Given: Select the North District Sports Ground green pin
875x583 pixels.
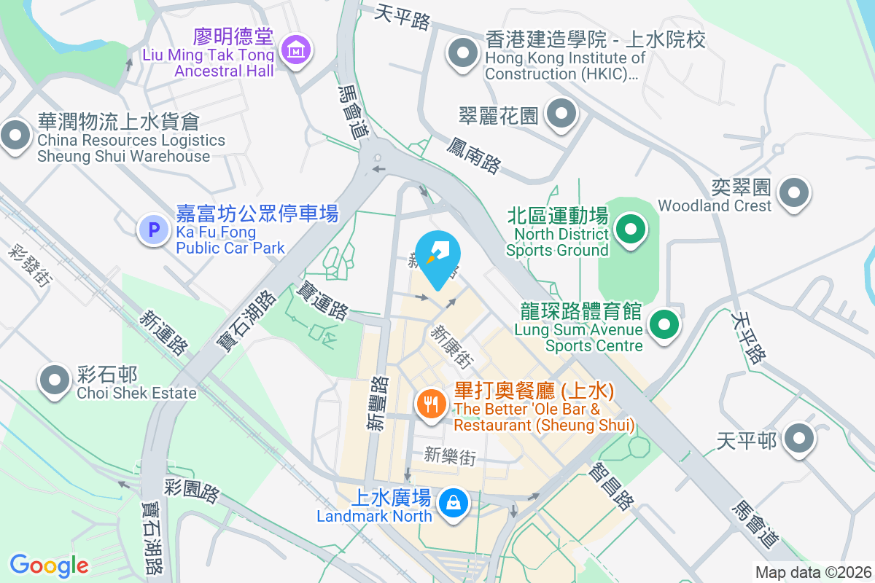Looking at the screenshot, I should (x=631, y=231).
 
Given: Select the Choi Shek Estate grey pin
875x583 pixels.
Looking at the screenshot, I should (x=54, y=380).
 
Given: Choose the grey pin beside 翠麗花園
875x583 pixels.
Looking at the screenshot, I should (x=561, y=113).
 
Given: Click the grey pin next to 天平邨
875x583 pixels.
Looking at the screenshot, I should (x=799, y=438).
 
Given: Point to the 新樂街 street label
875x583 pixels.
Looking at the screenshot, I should (x=450, y=457).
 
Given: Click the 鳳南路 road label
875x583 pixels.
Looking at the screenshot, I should (x=473, y=154).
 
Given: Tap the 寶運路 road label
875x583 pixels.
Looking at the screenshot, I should (x=321, y=300).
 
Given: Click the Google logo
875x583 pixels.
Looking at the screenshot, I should (x=49, y=565).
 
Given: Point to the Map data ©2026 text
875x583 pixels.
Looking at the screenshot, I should (x=812, y=572).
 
